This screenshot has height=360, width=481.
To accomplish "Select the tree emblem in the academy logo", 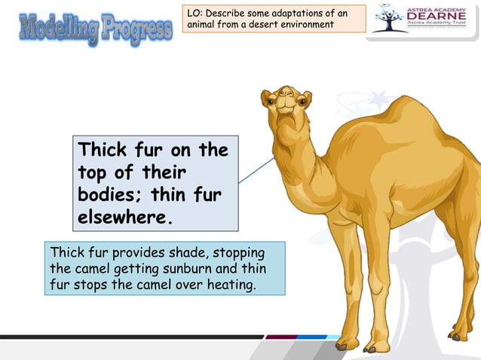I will [390, 20].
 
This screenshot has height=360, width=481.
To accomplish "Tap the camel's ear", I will [265, 96].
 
